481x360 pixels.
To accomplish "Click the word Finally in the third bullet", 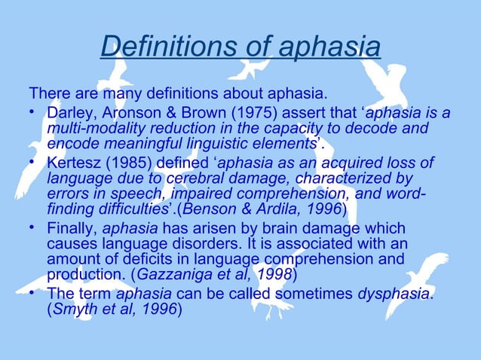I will click(x=70, y=228).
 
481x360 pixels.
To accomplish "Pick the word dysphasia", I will click(x=393, y=293).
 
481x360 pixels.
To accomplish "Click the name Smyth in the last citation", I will click(x=72, y=309).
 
